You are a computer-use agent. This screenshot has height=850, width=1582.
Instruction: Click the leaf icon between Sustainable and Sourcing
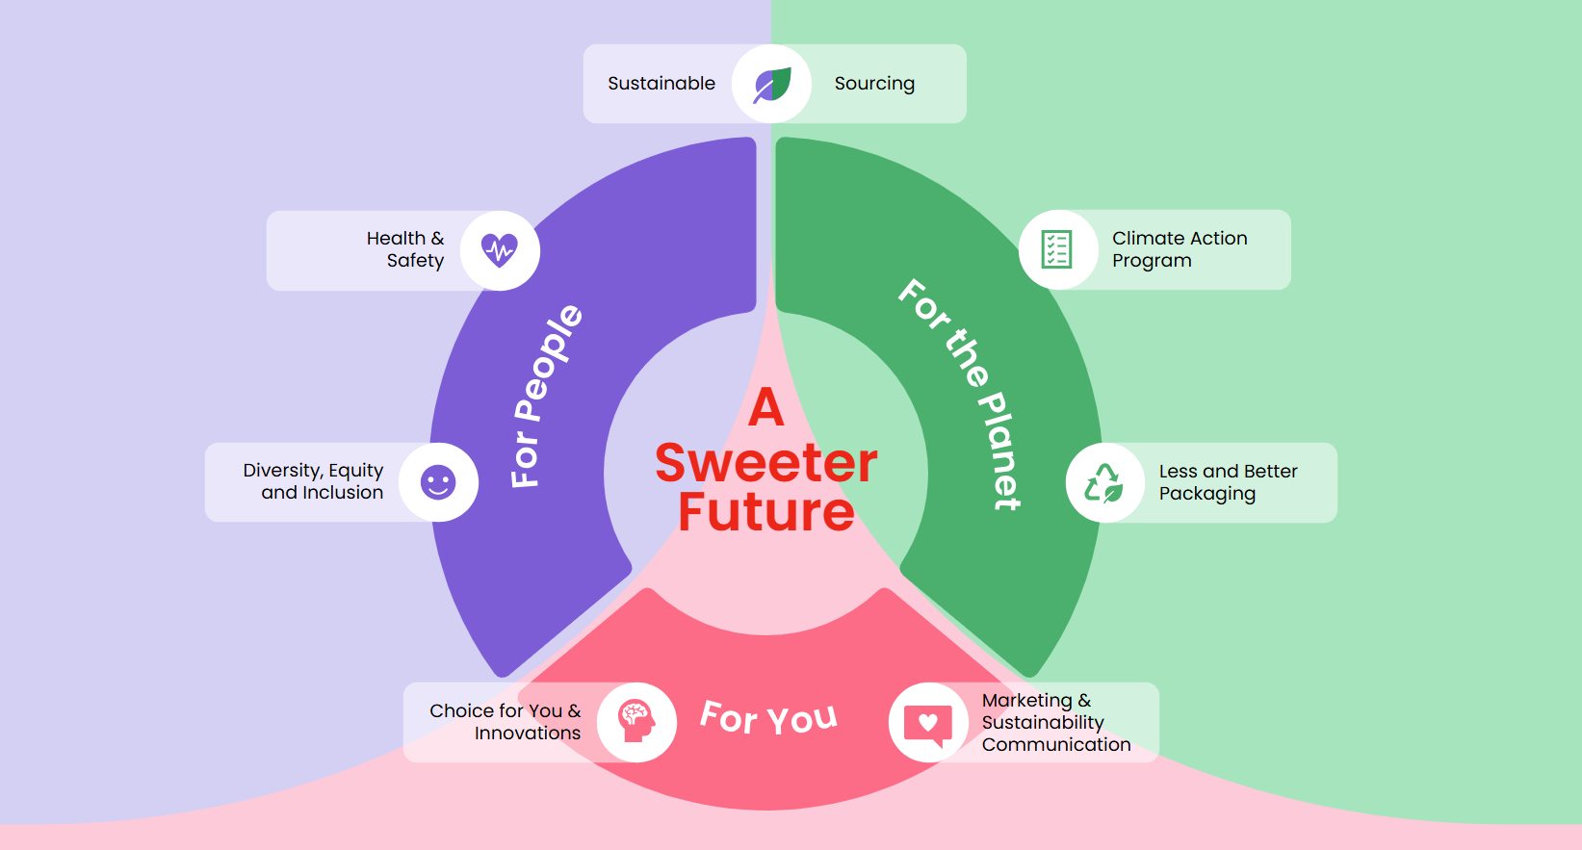pos(771,84)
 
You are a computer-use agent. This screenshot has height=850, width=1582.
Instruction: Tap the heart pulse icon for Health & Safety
pos(500,250)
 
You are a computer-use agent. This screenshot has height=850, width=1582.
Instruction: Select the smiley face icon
pos(438,482)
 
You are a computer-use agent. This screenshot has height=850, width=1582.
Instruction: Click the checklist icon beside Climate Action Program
pos(1057,249)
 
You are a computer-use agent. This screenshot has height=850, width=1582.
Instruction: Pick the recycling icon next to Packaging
pos(1104,482)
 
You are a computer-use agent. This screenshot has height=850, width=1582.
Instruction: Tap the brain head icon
pos(636,722)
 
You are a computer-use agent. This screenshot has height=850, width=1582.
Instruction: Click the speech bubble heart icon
pos(928,723)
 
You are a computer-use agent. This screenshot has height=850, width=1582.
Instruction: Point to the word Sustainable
pos(661,84)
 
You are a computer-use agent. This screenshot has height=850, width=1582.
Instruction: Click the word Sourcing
pos(874,84)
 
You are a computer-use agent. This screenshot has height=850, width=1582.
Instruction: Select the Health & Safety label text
pos(405,249)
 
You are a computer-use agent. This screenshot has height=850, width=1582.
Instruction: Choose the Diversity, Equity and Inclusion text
pos(314,481)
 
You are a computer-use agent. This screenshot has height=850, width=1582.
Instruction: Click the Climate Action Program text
pos(1179,249)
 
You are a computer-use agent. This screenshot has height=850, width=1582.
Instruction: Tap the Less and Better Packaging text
pos(1227,482)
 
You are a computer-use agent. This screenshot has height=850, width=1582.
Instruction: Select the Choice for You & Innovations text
pos(506,722)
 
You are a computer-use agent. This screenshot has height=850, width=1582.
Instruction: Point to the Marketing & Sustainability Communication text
pos(1055,722)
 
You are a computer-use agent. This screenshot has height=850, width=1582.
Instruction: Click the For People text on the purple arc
pos(546,396)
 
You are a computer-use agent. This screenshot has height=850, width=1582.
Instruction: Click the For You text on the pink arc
pos(768,717)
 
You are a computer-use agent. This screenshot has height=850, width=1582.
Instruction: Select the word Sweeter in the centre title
pos(766,463)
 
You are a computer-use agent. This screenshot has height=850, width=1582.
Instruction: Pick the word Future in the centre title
pos(766,512)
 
